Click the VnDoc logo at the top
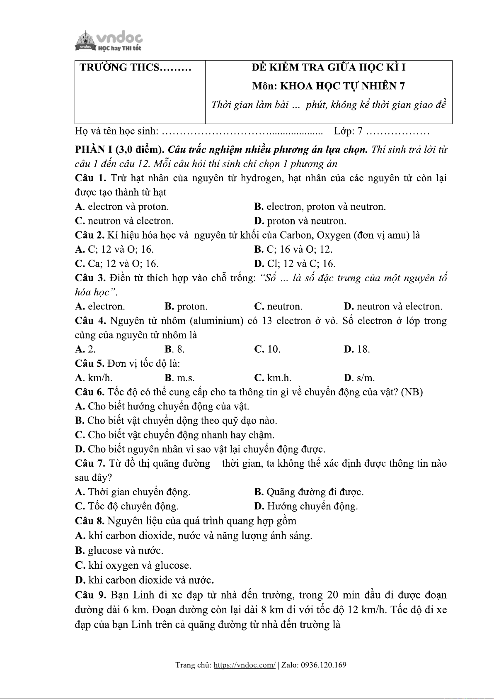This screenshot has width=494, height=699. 109,41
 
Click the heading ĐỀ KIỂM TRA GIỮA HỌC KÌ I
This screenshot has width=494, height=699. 328,68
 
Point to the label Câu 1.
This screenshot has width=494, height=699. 90,178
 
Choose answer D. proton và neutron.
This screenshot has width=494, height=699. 300,221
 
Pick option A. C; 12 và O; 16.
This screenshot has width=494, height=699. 114,249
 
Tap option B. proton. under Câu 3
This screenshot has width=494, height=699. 186,307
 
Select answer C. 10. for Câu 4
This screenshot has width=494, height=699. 267,349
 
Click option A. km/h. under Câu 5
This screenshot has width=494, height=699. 94,378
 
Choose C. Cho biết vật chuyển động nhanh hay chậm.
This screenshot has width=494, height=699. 174,435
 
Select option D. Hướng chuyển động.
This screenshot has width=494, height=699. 306,506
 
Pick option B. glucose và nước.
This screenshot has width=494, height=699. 119,550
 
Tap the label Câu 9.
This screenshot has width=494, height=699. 90,595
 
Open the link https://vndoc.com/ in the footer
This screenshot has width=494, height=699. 244,665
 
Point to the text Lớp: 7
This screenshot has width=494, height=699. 348,132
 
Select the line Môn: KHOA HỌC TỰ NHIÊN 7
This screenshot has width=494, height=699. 328,86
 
